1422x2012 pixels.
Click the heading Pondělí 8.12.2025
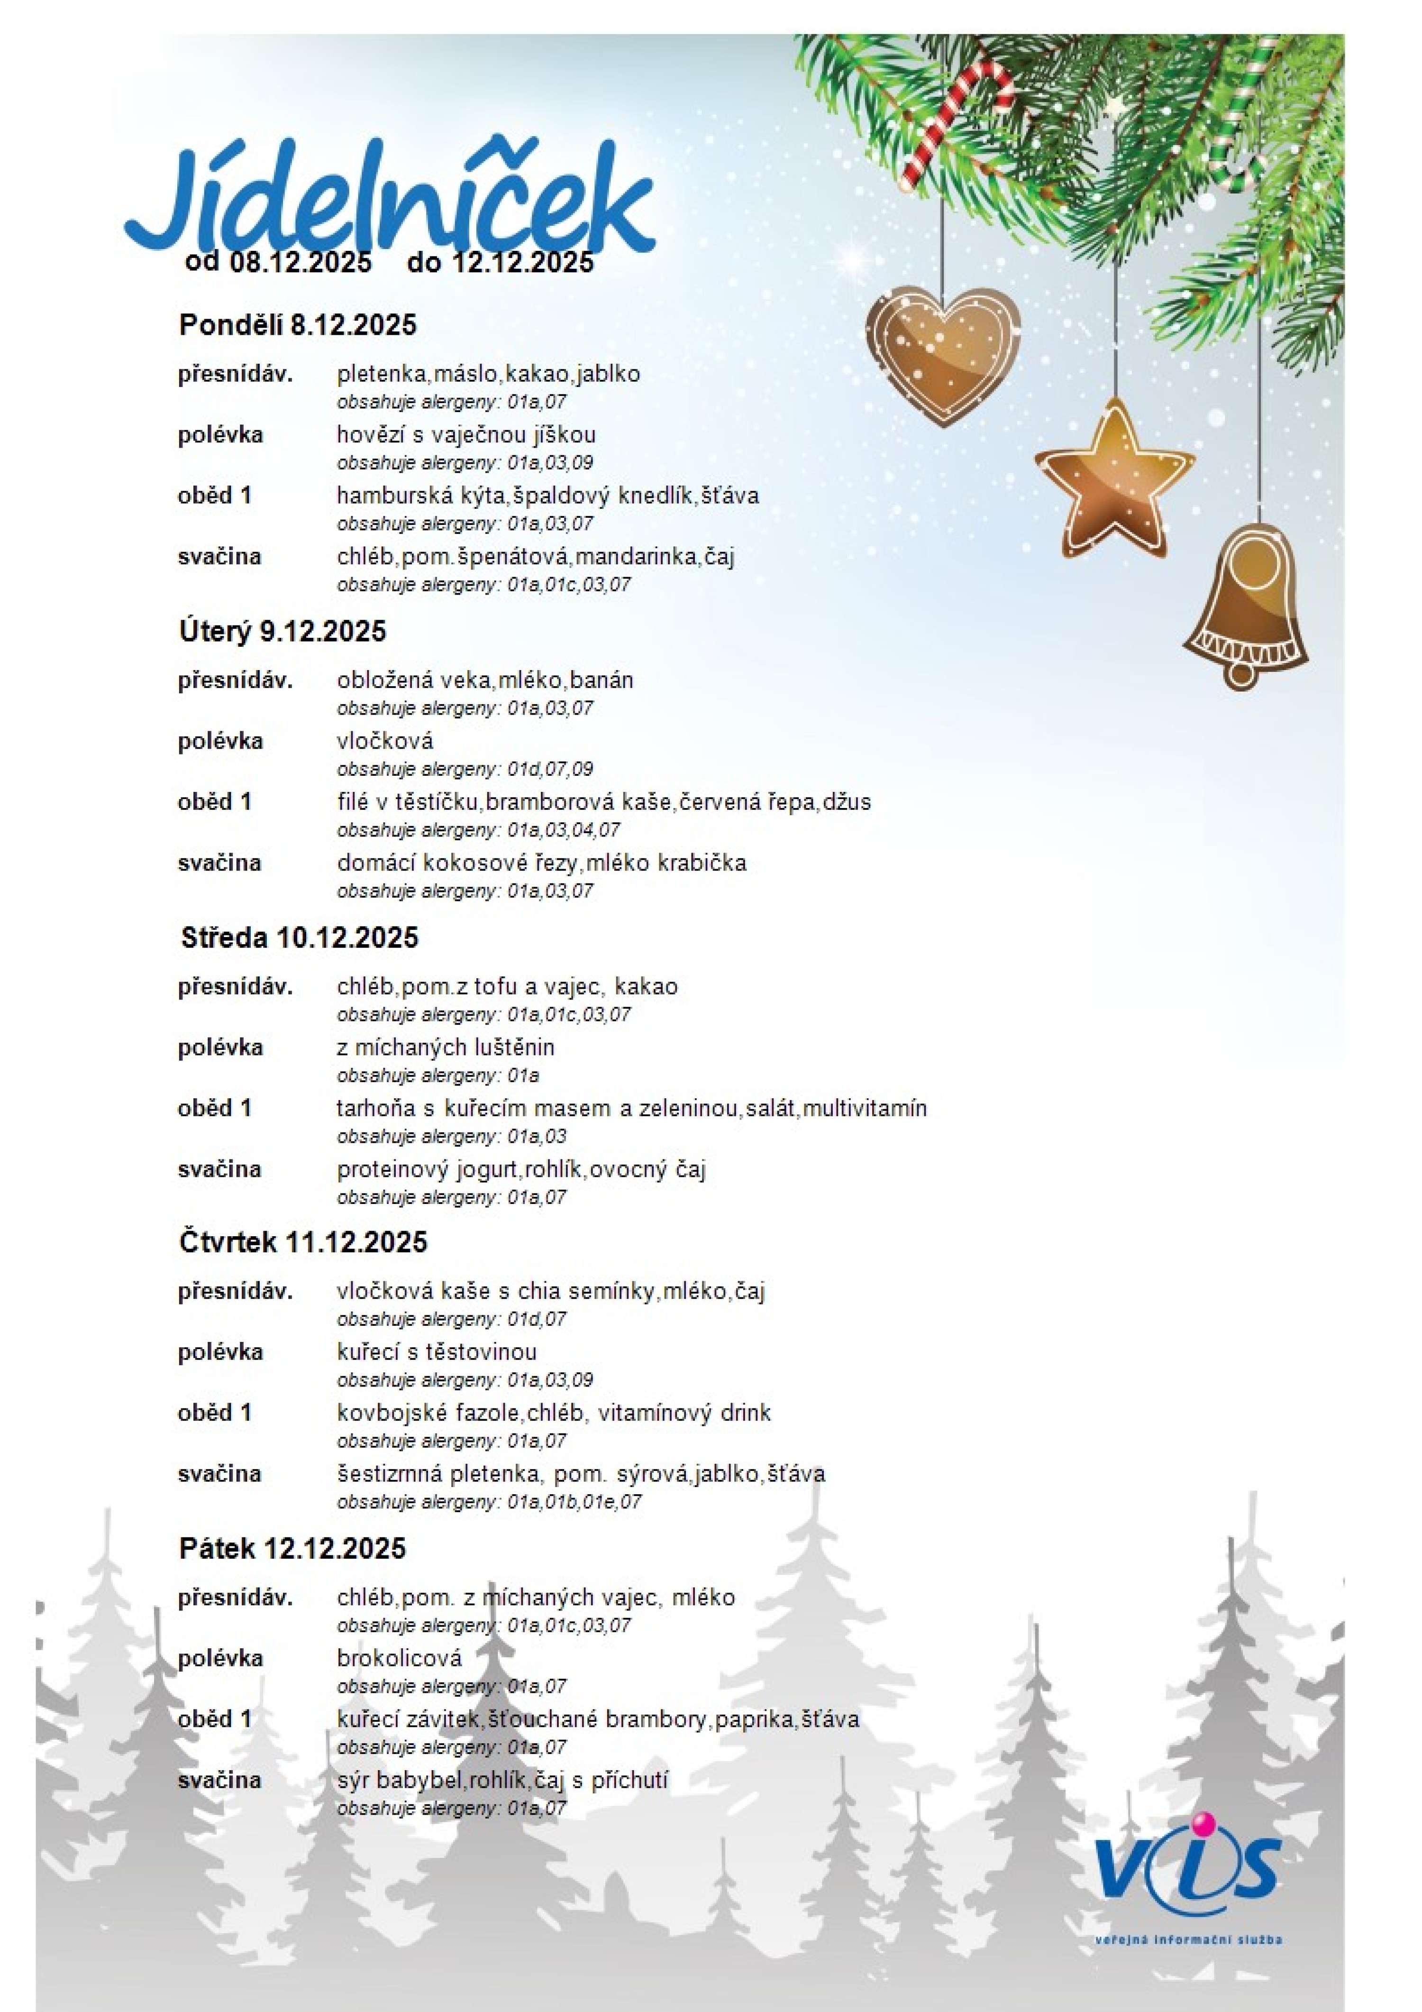point(298,325)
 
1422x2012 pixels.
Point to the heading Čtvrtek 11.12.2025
point(303,1242)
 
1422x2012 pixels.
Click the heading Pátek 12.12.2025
point(292,1548)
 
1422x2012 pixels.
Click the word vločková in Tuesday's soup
point(384,741)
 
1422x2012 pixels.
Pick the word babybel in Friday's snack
point(419,1781)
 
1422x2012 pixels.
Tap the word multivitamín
point(864,1109)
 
